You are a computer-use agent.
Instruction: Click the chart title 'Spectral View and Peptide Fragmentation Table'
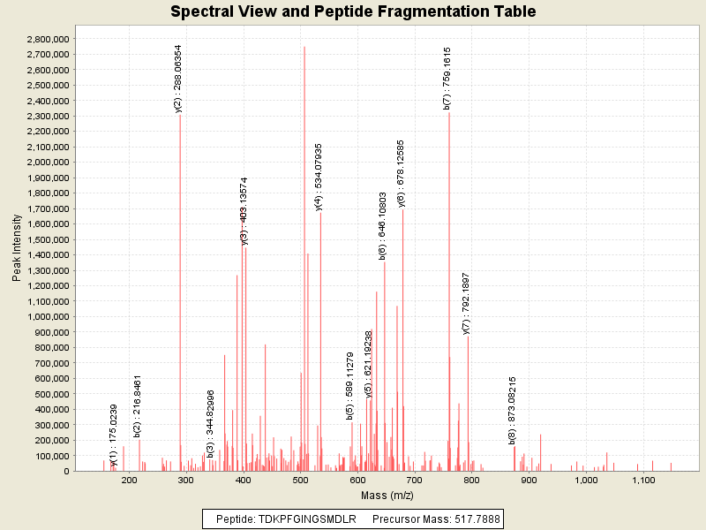pos(353,11)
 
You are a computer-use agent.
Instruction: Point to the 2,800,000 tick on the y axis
pos(46,39)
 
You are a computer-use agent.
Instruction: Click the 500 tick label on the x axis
pos(301,479)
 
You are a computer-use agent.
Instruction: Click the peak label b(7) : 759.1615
pos(447,78)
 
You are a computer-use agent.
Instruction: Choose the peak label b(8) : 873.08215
pos(513,411)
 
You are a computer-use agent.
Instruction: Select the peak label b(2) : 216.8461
pos(138,406)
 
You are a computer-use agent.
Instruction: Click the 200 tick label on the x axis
pos(130,479)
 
